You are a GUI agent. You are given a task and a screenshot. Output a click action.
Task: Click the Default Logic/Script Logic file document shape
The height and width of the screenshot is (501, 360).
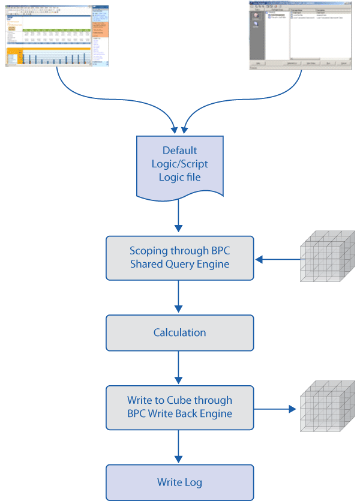coord(179,166)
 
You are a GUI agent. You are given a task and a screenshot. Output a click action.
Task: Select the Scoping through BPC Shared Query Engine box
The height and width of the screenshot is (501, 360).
coord(179,258)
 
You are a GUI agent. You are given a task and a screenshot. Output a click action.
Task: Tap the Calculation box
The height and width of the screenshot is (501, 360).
coord(179,332)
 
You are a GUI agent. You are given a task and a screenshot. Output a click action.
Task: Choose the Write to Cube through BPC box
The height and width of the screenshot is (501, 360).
coord(179,407)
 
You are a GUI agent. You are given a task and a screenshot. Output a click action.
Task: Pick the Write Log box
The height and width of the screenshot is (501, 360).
coord(179,482)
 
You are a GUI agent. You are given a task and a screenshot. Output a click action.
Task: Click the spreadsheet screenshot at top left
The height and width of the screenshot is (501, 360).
coord(58,33)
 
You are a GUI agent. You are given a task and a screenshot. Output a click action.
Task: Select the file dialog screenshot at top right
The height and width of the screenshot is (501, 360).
coord(301,33)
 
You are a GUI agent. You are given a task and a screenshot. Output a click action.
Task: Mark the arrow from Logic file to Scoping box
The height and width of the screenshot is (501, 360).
coord(178,217)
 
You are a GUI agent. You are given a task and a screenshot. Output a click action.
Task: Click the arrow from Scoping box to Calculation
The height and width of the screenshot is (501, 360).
coord(178,298)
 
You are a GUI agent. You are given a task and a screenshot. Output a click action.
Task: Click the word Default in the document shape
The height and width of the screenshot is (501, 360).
coord(179,151)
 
